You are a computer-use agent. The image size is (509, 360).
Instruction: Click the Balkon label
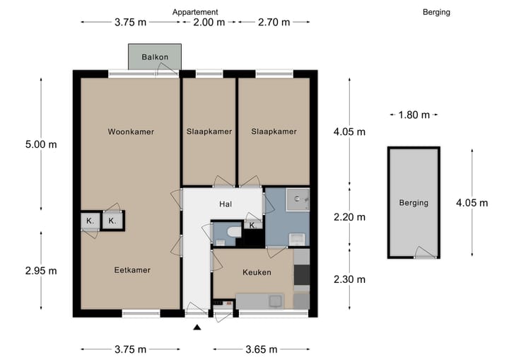tap(155, 57)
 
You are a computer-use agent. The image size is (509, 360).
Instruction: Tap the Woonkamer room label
tap(131, 132)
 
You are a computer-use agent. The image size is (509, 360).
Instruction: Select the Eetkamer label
tap(132, 270)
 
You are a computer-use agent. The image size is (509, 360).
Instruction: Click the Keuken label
tap(257, 272)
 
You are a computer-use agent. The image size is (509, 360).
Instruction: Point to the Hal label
tap(226, 204)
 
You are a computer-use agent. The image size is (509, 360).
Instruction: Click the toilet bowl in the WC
tap(234, 232)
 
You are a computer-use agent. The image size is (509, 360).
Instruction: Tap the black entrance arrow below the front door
tap(197, 327)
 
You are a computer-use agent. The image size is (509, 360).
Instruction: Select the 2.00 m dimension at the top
tap(209, 22)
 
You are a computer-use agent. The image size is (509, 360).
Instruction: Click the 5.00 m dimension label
tap(41, 144)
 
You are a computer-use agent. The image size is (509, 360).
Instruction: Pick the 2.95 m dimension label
tap(41, 270)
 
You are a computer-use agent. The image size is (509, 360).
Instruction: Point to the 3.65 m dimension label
tap(262, 349)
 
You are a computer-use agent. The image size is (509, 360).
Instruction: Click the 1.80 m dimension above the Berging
tap(414, 115)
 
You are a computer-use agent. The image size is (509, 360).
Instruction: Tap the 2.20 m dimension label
tap(350, 216)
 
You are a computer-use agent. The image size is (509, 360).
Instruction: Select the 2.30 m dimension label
tap(350, 279)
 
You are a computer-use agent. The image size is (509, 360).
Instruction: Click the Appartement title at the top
tap(195, 12)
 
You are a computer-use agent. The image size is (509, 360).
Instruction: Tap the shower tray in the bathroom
tap(298, 199)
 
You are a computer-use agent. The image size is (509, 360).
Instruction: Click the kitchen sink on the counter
tap(275, 301)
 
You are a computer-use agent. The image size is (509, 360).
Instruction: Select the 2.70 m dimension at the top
tap(274, 22)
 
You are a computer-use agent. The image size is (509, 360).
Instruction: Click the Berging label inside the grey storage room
tap(414, 203)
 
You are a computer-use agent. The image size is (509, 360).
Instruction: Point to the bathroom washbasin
tap(297, 239)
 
